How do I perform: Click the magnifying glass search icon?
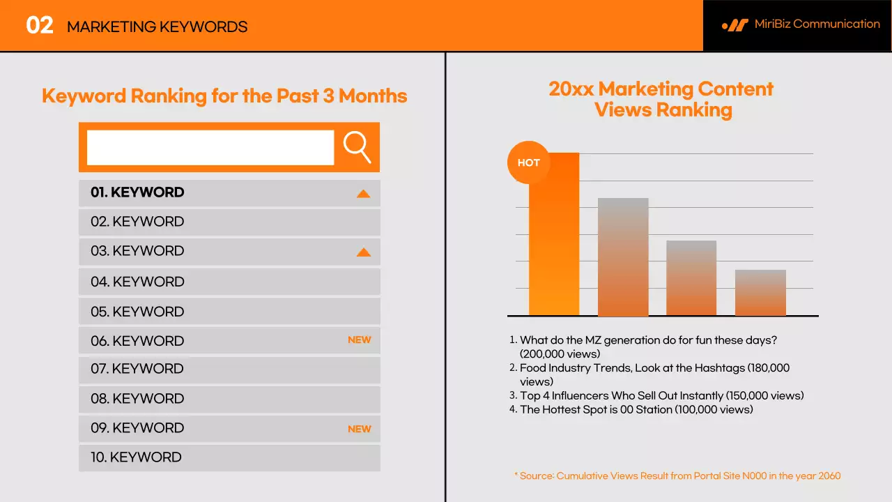click(x=357, y=147)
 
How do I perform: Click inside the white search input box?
click(x=210, y=148)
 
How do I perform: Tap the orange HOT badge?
click(x=528, y=162)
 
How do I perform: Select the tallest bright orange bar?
click(x=554, y=244)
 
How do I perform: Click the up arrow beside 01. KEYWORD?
click(x=363, y=194)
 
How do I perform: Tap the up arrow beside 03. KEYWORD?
click(x=363, y=252)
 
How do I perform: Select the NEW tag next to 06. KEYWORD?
click(x=360, y=340)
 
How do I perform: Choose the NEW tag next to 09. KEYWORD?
click(x=360, y=429)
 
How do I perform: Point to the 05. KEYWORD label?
click(x=137, y=312)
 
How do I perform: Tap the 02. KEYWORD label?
click(x=137, y=222)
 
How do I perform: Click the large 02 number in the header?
click(x=40, y=26)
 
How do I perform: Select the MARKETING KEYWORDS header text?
click(x=157, y=27)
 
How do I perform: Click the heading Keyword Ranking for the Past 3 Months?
click(x=224, y=96)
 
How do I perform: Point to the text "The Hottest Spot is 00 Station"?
click(x=596, y=409)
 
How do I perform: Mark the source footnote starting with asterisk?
click(x=677, y=476)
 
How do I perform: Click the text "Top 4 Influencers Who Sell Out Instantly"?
click(x=622, y=395)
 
